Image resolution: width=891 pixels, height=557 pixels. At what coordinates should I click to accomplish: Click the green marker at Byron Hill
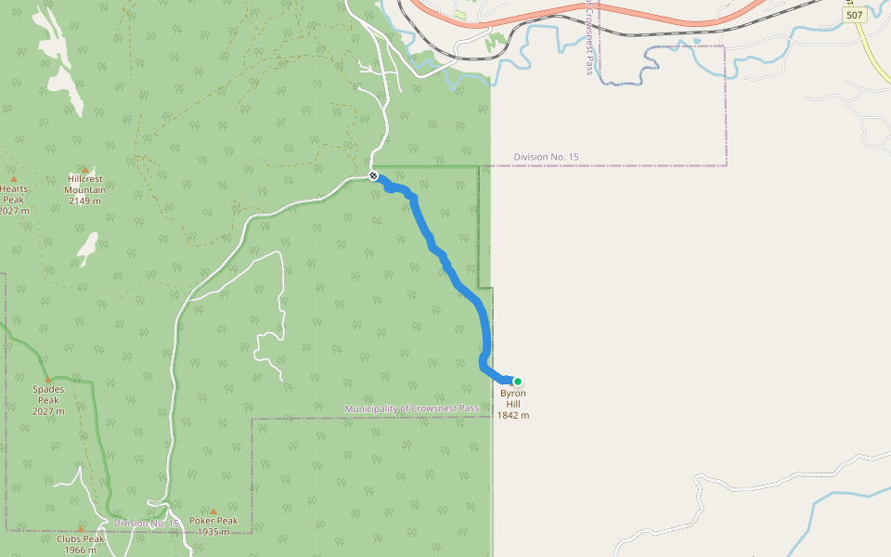pyautogui.click(x=518, y=381)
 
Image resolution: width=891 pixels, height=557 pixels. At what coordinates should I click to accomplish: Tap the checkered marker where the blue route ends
pyautogui.click(x=373, y=175)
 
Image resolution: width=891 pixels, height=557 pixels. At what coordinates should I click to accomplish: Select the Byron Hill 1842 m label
pyautogui.click(x=512, y=404)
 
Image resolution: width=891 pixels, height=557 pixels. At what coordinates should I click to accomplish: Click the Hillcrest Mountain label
pyautogui.click(x=85, y=189)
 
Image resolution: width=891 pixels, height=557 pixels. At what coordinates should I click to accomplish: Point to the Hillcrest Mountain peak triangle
pyautogui.click(x=85, y=170)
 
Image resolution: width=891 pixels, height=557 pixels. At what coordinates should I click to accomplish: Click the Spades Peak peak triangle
pyautogui.click(x=48, y=380)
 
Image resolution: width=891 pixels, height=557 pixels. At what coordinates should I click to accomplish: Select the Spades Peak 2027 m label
pyautogui.click(x=48, y=400)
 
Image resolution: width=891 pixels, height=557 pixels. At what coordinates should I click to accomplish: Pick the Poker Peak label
pyautogui.click(x=213, y=526)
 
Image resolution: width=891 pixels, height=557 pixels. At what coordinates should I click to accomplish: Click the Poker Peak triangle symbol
pyautogui.click(x=213, y=511)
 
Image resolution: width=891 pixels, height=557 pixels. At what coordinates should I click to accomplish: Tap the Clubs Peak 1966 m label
pyautogui.click(x=81, y=544)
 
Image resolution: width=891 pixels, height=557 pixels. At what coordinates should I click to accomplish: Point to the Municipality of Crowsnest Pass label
pyautogui.click(x=412, y=408)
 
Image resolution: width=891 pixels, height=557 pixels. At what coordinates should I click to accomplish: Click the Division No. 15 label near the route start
pyautogui.click(x=546, y=157)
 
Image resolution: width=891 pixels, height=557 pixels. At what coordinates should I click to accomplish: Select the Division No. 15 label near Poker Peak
pyautogui.click(x=146, y=523)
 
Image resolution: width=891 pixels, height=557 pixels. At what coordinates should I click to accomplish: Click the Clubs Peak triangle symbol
pyautogui.click(x=81, y=529)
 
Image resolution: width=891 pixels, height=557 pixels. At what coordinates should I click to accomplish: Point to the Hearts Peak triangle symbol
pyautogui.click(x=14, y=179)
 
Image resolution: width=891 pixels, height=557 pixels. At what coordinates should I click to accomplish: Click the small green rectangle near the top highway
pyautogui.click(x=460, y=15)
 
